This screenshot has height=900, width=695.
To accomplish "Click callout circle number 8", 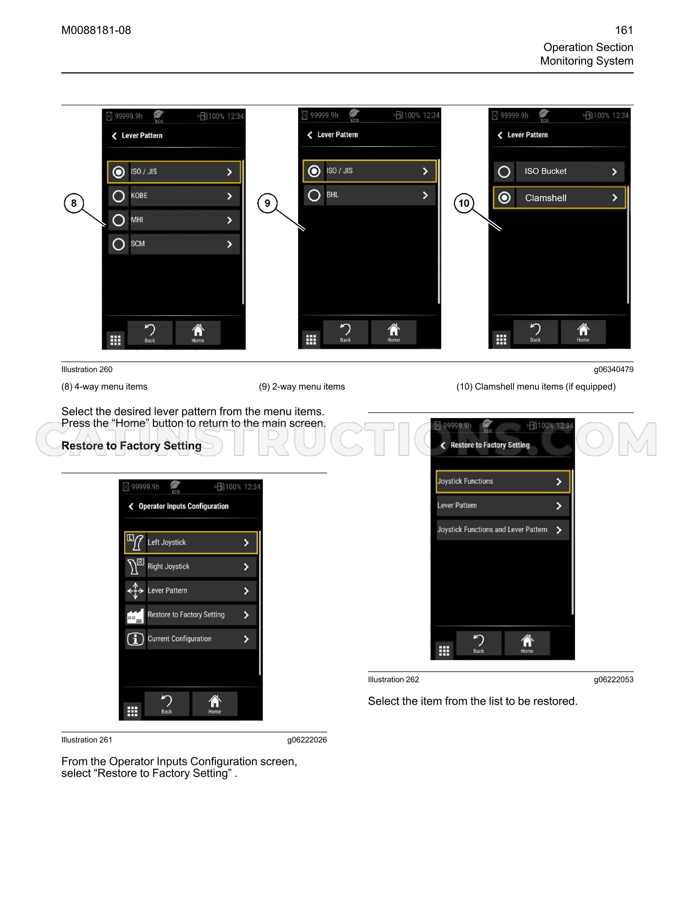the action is tap(74, 203).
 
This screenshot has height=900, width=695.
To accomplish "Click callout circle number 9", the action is tap(267, 203).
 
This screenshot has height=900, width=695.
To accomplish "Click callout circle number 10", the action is tap(464, 203).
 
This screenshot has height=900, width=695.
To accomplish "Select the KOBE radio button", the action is tap(118, 196).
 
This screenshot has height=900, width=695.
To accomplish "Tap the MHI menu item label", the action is tap(137, 220).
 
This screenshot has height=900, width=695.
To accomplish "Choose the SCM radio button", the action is tap(118, 244).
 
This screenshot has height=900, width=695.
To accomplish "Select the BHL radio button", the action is tap(314, 195).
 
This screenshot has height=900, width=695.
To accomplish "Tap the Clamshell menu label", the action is tap(546, 198).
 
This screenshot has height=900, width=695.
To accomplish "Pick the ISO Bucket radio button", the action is tap(504, 172).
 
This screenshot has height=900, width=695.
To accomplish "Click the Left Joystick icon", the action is tap(135, 542).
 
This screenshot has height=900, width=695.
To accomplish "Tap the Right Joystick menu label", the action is tap(168, 566).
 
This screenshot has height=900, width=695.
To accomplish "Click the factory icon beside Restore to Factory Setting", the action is tap(135, 615).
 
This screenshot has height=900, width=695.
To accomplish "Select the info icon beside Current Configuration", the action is tap(135, 639).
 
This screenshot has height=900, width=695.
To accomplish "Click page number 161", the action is tap(624, 30).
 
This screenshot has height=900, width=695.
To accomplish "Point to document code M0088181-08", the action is tap(96, 30).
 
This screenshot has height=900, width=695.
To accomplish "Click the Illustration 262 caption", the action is tap(393, 680).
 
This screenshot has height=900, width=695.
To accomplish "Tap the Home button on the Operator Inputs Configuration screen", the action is tap(215, 704).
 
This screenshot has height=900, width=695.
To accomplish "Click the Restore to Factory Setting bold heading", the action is tap(132, 446).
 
